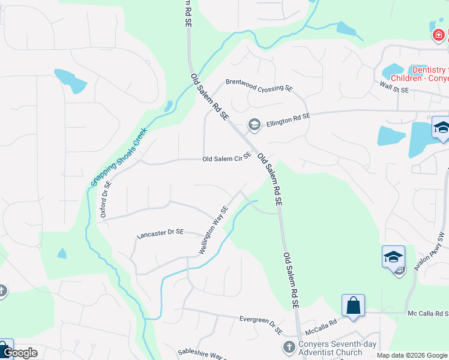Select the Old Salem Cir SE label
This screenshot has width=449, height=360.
226,157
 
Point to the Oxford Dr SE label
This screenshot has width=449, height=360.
106,200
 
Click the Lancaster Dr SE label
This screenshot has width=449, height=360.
160,232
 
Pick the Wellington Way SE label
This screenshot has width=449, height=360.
214,230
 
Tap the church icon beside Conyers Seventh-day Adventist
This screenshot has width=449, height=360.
289,347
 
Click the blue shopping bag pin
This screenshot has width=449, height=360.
353,305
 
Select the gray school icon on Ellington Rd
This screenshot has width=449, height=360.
254,125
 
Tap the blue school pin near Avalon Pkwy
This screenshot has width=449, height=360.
393,257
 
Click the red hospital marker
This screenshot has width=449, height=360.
439,35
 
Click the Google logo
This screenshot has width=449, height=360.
20,353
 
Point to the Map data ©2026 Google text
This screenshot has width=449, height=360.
412,355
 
